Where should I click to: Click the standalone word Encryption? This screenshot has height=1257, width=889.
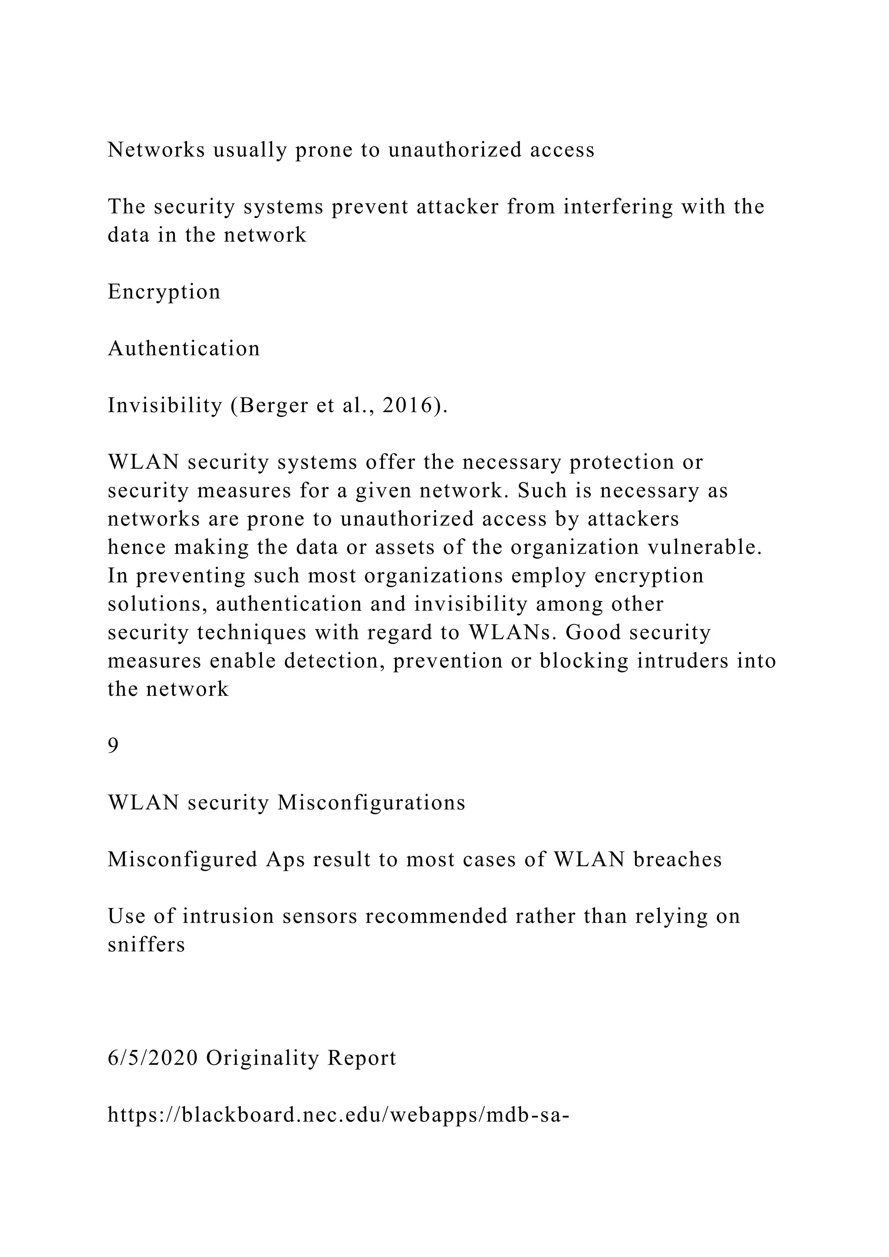[164, 292]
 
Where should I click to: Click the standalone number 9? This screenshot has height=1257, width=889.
[113, 746]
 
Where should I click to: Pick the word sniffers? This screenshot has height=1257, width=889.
[146, 945]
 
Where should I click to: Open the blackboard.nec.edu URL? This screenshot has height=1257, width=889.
[338, 1115]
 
